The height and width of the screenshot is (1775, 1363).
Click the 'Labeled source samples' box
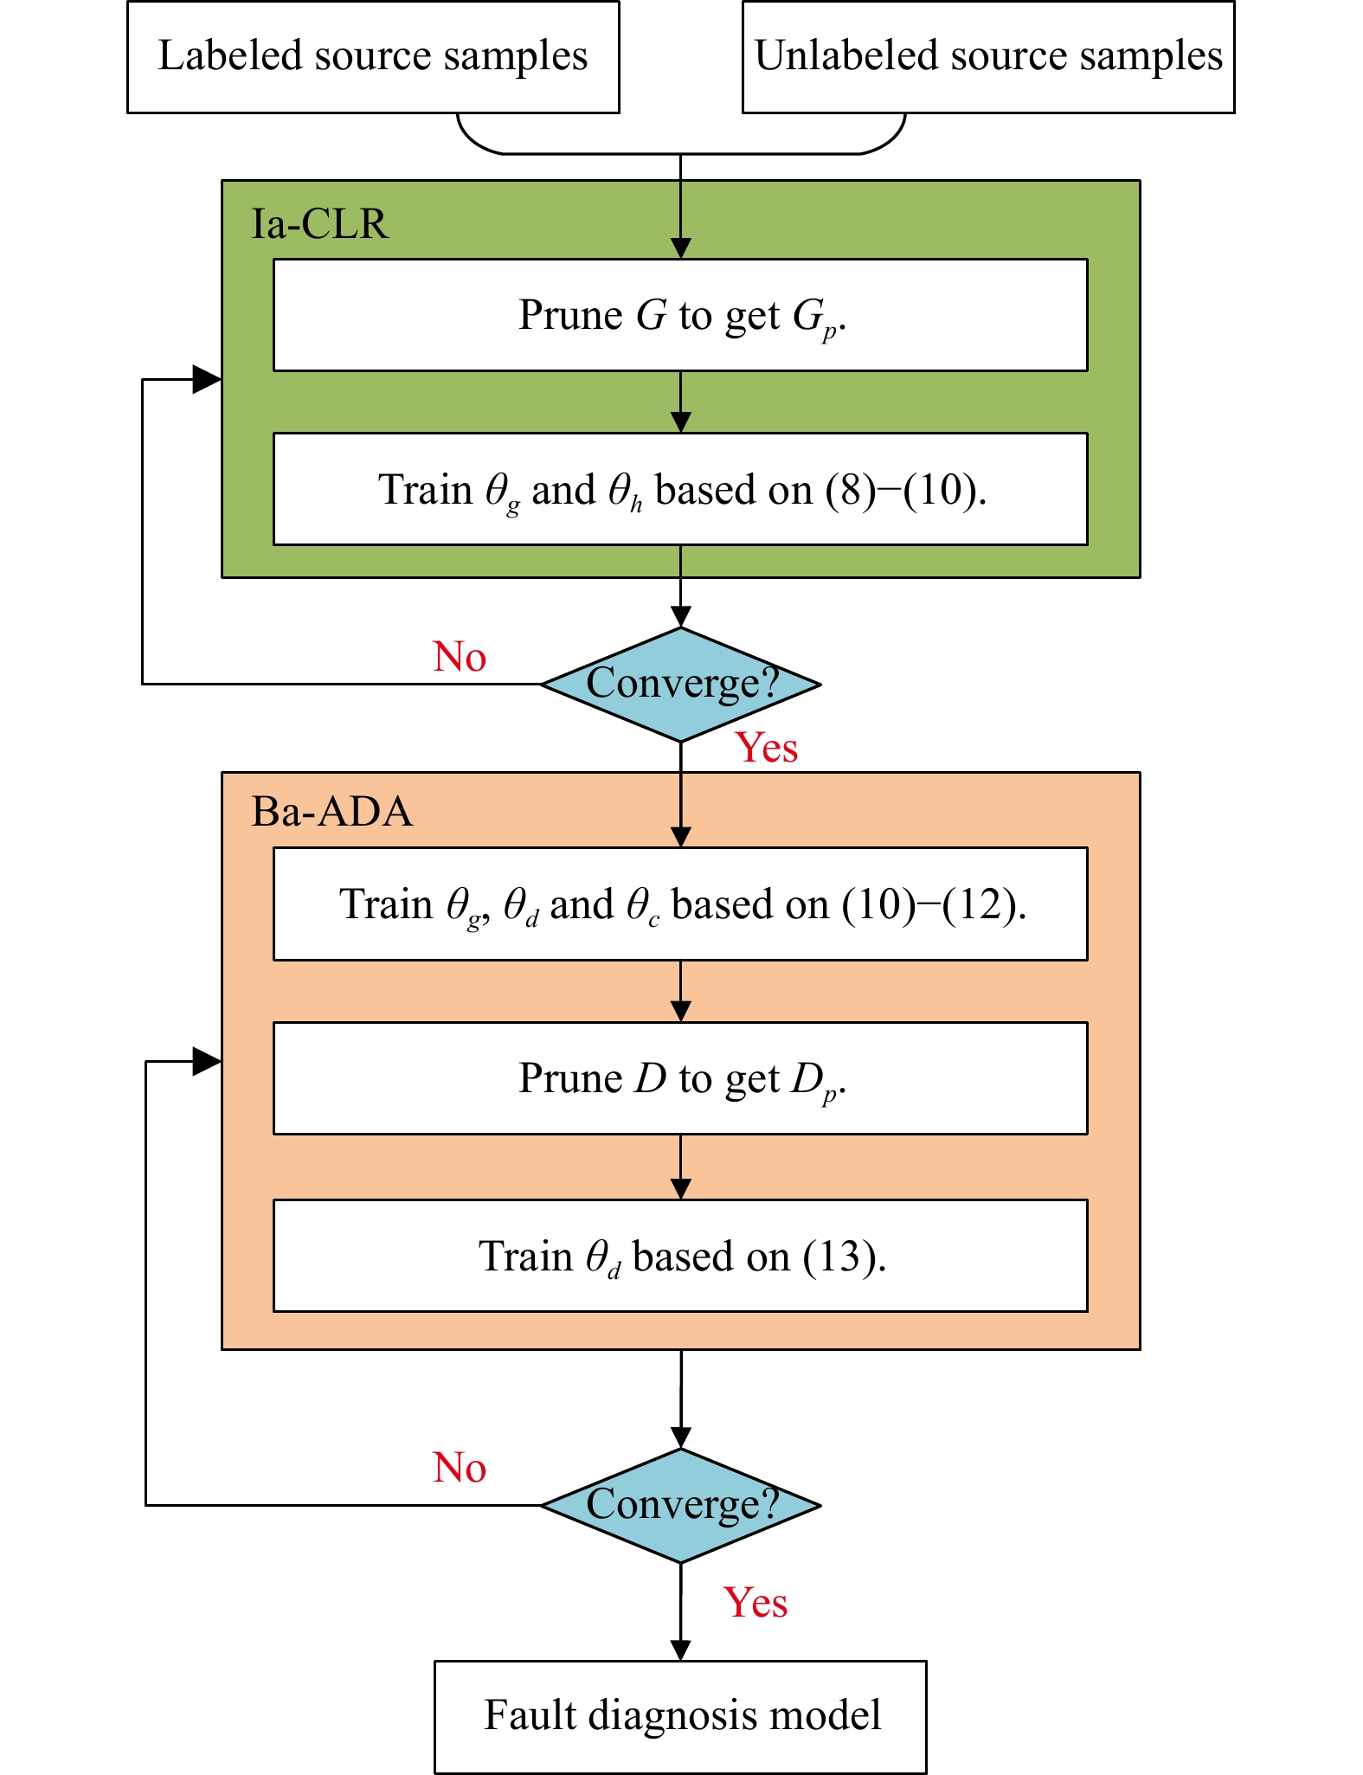tap(373, 57)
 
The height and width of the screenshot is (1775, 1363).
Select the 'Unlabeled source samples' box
tap(988, 57)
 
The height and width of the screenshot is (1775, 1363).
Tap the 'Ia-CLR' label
tap(319, 223)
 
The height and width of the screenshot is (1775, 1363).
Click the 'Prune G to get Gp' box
tap(680, 315)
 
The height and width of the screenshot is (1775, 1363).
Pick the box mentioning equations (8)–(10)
tap(680, 489)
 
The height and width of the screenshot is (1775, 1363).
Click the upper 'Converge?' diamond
tap(681, 684)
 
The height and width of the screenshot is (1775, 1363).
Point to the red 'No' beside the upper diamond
tap(460, 657)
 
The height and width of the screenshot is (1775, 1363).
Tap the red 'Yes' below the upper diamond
tap(767, 748)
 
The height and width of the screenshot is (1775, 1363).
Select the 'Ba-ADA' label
tap(331, 812)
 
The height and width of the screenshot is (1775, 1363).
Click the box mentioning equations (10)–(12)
tap(680, 904)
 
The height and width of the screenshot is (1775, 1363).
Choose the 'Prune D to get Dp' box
tap(680, 1078)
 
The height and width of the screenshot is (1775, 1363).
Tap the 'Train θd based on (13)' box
tap(680, 1256)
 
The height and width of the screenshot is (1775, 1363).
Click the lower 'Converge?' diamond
tap(681, 1506)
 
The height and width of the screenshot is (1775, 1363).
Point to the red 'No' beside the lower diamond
tap(460, 1468)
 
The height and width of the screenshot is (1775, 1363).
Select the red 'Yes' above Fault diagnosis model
tap(755, 1602)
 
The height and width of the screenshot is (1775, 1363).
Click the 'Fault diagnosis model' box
tap(680, 1717)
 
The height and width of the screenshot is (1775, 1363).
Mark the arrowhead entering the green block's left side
tap(208, 379)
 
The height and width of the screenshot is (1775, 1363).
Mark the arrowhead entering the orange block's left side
tap(208, 1061)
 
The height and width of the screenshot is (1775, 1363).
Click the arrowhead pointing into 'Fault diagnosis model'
tap(681, 1650)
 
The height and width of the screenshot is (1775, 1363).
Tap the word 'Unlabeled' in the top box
tap(846, 55)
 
